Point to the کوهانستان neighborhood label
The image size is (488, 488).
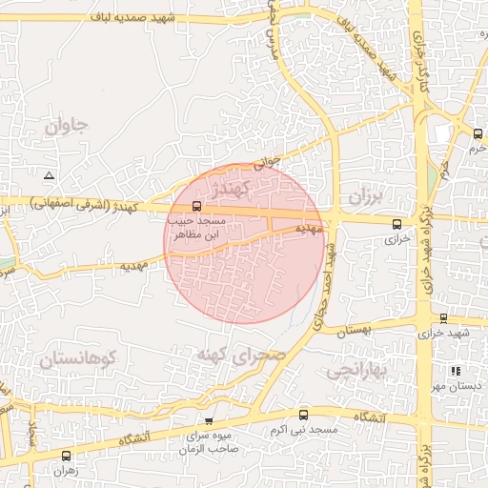77,359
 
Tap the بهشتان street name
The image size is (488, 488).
348,330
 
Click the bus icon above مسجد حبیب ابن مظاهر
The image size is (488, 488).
196,205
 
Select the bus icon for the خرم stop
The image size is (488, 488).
477,133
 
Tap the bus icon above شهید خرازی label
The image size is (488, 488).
443,318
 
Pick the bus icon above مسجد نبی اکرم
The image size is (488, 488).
304,415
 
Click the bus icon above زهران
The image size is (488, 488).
66,456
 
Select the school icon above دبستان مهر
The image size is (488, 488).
456,371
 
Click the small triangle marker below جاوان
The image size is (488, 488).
49,175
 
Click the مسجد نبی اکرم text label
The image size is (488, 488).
304,431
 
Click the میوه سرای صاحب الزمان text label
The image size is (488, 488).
209,443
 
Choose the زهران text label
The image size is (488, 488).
66,471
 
